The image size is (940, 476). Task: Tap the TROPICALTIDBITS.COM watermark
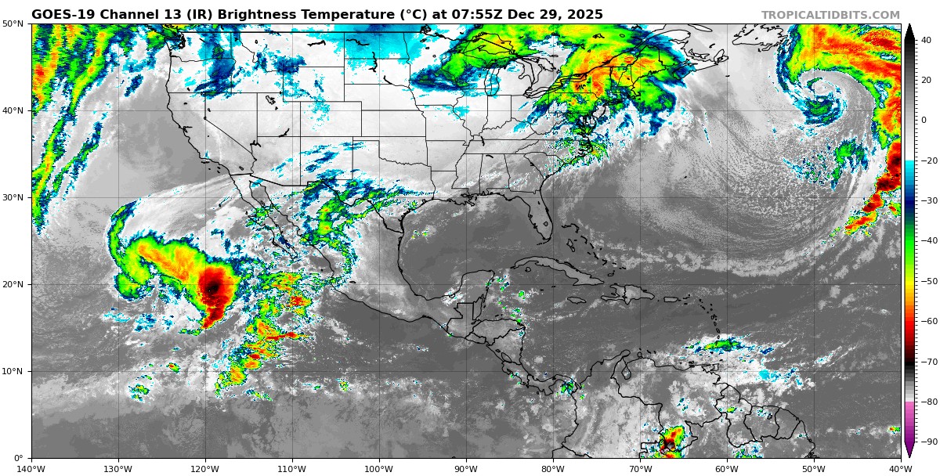(830, 15)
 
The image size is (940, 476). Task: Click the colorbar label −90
(928, 442)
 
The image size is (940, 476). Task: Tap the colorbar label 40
(926, 40)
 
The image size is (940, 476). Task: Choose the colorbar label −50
(928, 281)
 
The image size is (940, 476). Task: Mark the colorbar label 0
(924, 121)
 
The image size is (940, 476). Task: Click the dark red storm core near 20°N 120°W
(211, 288)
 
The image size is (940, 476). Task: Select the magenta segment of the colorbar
(909, 423)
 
